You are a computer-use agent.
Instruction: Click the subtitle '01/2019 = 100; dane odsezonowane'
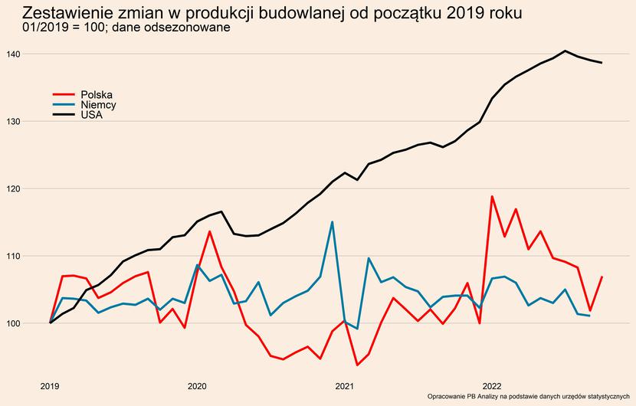[x=127, y=29]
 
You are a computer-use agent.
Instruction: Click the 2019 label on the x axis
[x=50, y=385]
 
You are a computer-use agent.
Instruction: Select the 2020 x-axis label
[x=197, y=385]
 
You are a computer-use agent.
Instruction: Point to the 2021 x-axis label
[x=344, y=385]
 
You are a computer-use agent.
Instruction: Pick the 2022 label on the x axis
[x=491, y=385]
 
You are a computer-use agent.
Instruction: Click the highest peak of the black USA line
[x=565, y=51]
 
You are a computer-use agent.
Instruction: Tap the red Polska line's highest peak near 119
[x=492, y=196]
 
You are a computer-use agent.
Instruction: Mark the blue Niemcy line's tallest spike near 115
[x=332, y=222]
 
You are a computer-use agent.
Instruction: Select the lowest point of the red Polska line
[x=357, y=365]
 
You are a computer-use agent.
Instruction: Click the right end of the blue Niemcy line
[x=589, y=316]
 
